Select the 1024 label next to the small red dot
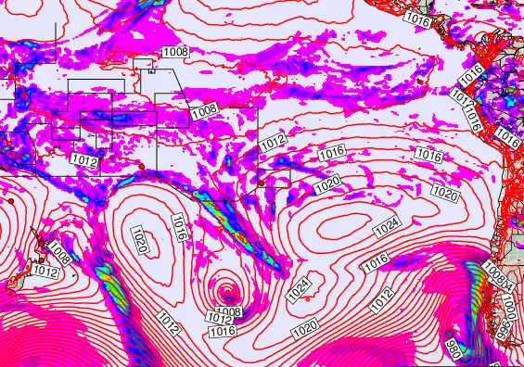pyautogui.click(x=297, y=289)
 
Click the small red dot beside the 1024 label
pyautogui.click(x=308, y=298)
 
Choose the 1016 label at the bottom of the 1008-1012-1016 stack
pyautogui.click(x=221, y=331)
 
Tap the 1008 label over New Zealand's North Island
pyautogui.click(x=61, y=252)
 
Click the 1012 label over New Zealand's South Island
pyautogui.click(x=45, y=272)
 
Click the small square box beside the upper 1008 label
pyautogui.click(x=146, y=64)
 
